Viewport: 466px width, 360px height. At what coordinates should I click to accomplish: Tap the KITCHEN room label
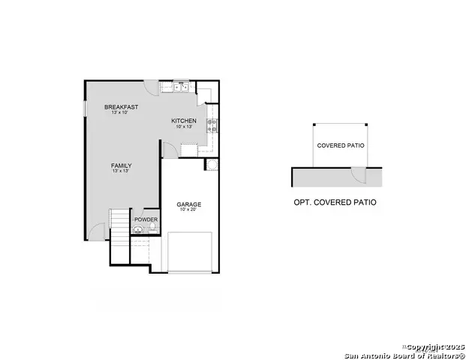184,121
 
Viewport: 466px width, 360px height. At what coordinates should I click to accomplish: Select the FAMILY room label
121,165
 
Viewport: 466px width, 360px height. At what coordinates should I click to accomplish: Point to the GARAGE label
188,204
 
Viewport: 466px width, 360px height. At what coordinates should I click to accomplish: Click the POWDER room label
146,220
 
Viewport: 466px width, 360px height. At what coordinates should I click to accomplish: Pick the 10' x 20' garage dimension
188,210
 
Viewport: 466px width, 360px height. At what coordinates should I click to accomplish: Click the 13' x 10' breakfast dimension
121,113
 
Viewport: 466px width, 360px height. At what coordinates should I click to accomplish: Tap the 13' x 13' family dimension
121,171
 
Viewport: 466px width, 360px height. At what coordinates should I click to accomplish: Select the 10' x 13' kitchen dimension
184,127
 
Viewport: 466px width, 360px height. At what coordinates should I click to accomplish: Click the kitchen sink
181,87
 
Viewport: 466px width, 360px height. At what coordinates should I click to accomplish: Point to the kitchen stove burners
212,125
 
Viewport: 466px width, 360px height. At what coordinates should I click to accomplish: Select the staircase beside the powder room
120,225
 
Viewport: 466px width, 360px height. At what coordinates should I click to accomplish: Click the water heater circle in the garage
212,164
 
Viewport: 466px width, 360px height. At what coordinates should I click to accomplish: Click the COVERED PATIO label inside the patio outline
341,145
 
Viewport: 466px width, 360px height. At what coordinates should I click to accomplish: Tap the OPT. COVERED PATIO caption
335,202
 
